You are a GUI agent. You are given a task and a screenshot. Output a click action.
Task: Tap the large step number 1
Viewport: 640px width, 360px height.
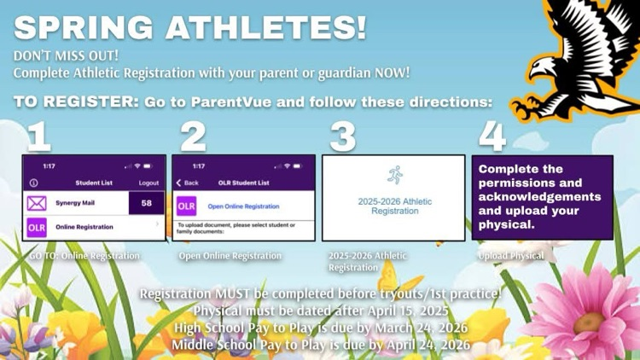(x=38, y=136)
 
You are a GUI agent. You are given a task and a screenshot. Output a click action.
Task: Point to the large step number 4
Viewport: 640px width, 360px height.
(x=492, y=136)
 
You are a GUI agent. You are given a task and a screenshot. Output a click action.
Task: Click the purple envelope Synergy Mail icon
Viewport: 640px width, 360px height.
(x=37, y=204)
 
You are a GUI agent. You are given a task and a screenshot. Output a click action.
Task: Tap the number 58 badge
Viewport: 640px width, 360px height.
(x=146, y=203)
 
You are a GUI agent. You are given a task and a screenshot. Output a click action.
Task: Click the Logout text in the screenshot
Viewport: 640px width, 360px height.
(x=148, y=183)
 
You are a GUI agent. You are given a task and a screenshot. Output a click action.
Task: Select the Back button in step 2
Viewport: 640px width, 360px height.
(x=187, y=183)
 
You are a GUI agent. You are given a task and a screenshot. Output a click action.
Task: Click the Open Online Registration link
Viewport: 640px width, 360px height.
(x=243, y=206)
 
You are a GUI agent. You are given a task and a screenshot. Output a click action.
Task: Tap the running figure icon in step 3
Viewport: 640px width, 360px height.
(x=393, y=175)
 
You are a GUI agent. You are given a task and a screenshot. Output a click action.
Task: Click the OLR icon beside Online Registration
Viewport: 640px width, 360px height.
(x=37, y=228)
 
